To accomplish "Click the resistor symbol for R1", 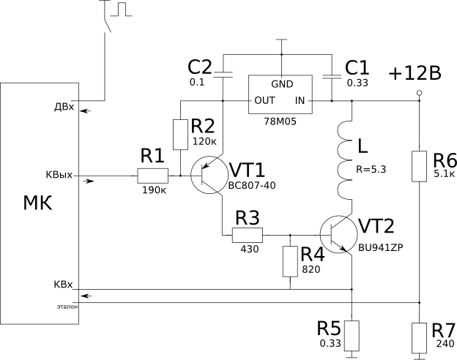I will pos(153,176).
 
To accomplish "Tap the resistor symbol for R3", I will pos(247,235).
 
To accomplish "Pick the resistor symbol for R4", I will pos(291,260).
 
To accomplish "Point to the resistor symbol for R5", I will pos(352,336).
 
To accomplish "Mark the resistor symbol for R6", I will pos(419,166).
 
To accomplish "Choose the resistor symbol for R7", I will pos(419,337).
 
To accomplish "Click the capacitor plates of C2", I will pos(223,74).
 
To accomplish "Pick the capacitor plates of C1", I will pos(332,74).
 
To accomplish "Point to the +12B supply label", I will pos(415,73).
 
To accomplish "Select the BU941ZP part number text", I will pos(380,247).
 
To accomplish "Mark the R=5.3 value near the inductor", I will pos(371,170).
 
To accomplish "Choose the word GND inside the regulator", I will pos(282,83).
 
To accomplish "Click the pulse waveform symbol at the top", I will pos(122,9).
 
